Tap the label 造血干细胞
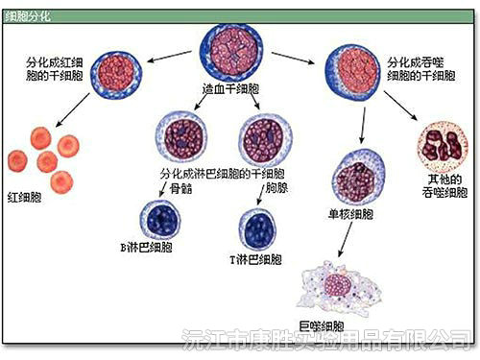pos(234,88)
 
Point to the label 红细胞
pos(24,197)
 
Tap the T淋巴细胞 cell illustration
pos(259,228)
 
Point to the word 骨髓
pos(181,189)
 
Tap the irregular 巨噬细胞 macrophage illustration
pos(335,287)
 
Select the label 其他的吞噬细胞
pos(441,186)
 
